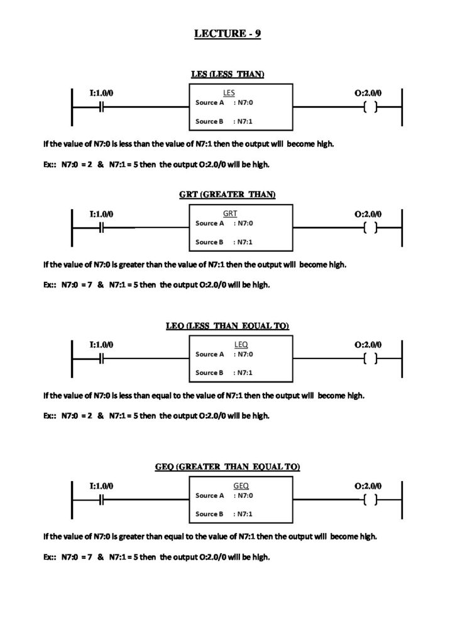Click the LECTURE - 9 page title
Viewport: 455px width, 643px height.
click(x=227, y=35)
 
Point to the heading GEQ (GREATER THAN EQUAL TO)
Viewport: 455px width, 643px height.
click(x=227, y=467)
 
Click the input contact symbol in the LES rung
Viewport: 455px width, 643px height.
click(x=101, y=107)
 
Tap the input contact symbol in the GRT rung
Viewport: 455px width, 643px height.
click(x=101, y=227)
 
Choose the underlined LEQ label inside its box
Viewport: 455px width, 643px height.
click(x=241, y=345)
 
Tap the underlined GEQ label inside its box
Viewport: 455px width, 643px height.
click(x=241, y=486)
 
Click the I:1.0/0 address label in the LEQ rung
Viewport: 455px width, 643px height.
click(x=101, y=345)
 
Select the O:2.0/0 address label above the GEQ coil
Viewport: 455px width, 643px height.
click(x=368, y=486)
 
